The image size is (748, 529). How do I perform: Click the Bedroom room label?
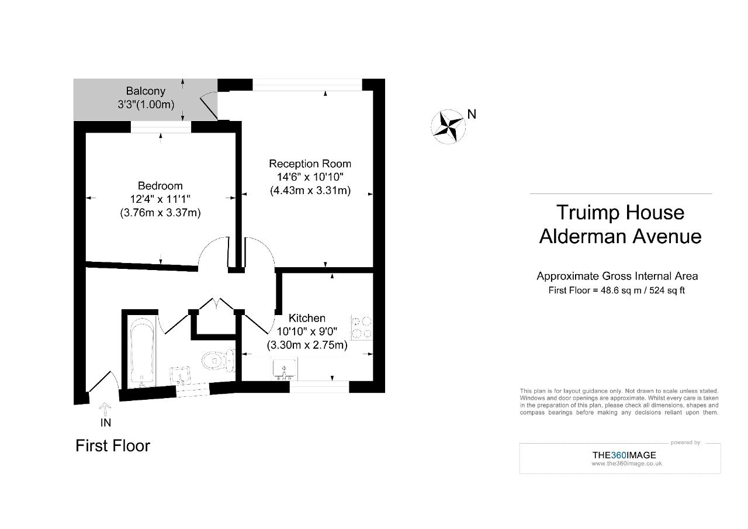[160, 186]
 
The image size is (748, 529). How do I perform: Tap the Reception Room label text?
[310, 164]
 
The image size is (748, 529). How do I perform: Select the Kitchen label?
[307, 318]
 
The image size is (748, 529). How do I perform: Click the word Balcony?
[146, 91]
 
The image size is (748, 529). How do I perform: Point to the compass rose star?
[448, 126]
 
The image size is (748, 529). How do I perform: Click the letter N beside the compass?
[472, 115]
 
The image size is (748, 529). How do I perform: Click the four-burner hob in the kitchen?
[361, 327]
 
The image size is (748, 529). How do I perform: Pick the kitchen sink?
[284, 370]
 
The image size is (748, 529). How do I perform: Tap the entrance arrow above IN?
[105, 407]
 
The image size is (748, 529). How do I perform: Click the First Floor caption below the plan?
[113, 446]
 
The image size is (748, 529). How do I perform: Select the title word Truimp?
[590, 212]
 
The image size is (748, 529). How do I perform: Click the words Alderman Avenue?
[620, 236]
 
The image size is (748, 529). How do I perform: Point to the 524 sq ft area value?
[664, 291]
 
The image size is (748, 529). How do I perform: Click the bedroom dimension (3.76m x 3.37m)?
[160, 213]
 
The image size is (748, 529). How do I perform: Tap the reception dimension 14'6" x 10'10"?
[310, 177]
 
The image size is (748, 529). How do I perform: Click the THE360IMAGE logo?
[624, 455]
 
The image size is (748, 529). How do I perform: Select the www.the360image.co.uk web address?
[626, 464]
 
